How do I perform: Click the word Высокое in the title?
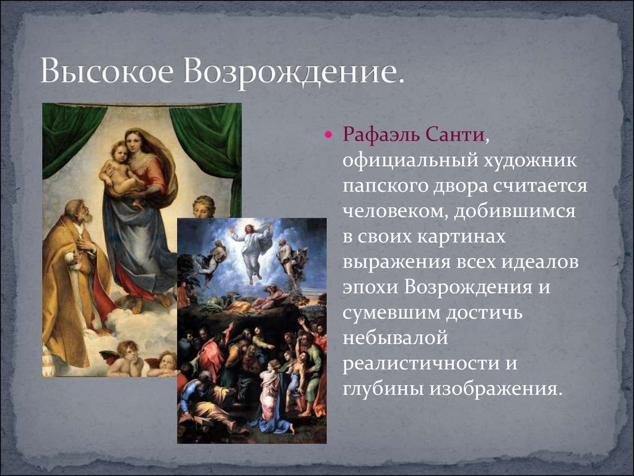pos(106,71)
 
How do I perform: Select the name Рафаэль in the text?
pos(380,134)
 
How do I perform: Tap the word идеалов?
pos(540,262)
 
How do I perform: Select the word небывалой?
pos(396,338)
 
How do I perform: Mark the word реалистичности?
pos(419,363)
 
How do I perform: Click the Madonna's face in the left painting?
pos(134,143)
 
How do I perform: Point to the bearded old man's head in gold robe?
pos(78,213)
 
